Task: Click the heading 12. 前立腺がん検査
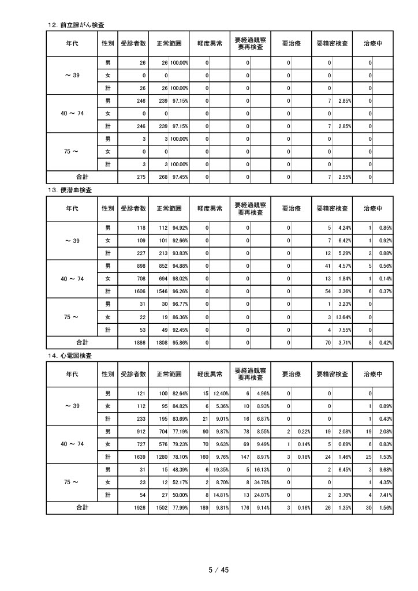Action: (79, 24)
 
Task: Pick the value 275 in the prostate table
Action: (140, 177)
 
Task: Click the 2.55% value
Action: (344, 177)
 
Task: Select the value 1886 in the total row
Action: (139, 343)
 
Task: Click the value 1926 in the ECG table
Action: (139, 508)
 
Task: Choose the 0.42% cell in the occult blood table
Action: (385, 343)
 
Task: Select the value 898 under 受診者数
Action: (140, 267)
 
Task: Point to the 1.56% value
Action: (385, 508)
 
